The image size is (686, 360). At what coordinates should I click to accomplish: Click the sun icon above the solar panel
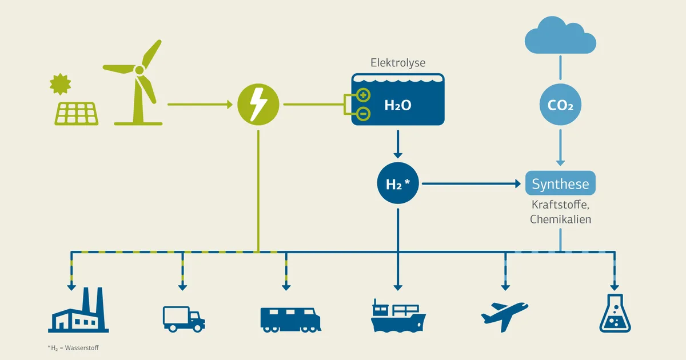click(61, 84)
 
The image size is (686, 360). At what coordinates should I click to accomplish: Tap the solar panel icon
click(77, 114)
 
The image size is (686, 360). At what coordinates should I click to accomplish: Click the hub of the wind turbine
click(139, 70)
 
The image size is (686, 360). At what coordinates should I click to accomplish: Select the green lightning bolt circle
click(258, 105)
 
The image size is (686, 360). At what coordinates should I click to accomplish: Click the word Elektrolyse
click(398, 63)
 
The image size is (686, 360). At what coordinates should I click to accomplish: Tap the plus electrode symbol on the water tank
click(363, 95)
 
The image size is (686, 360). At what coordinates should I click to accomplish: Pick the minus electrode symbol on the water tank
click(363, 114)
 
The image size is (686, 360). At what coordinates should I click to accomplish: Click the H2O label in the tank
click(398, 105)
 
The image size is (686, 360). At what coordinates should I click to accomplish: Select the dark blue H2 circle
click(398, 183)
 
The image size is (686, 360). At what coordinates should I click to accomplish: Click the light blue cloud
click(560, 35)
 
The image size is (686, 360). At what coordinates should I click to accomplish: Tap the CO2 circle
click(560, 105)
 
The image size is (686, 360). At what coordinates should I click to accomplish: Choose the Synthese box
click(560, 183)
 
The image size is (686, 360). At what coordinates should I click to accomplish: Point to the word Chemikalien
click(560, 219)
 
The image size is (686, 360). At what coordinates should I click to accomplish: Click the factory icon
click(78, 310)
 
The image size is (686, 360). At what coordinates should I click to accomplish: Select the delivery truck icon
click(184, 319)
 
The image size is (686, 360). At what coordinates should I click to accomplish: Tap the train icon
click(290, 320)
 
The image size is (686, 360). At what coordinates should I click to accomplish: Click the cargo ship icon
click(398, 315)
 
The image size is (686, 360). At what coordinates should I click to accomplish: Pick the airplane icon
click(505, 317)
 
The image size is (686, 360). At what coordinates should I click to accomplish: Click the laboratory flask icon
click(615, 313)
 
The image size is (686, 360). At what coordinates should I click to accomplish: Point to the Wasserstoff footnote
click(73, 348)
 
